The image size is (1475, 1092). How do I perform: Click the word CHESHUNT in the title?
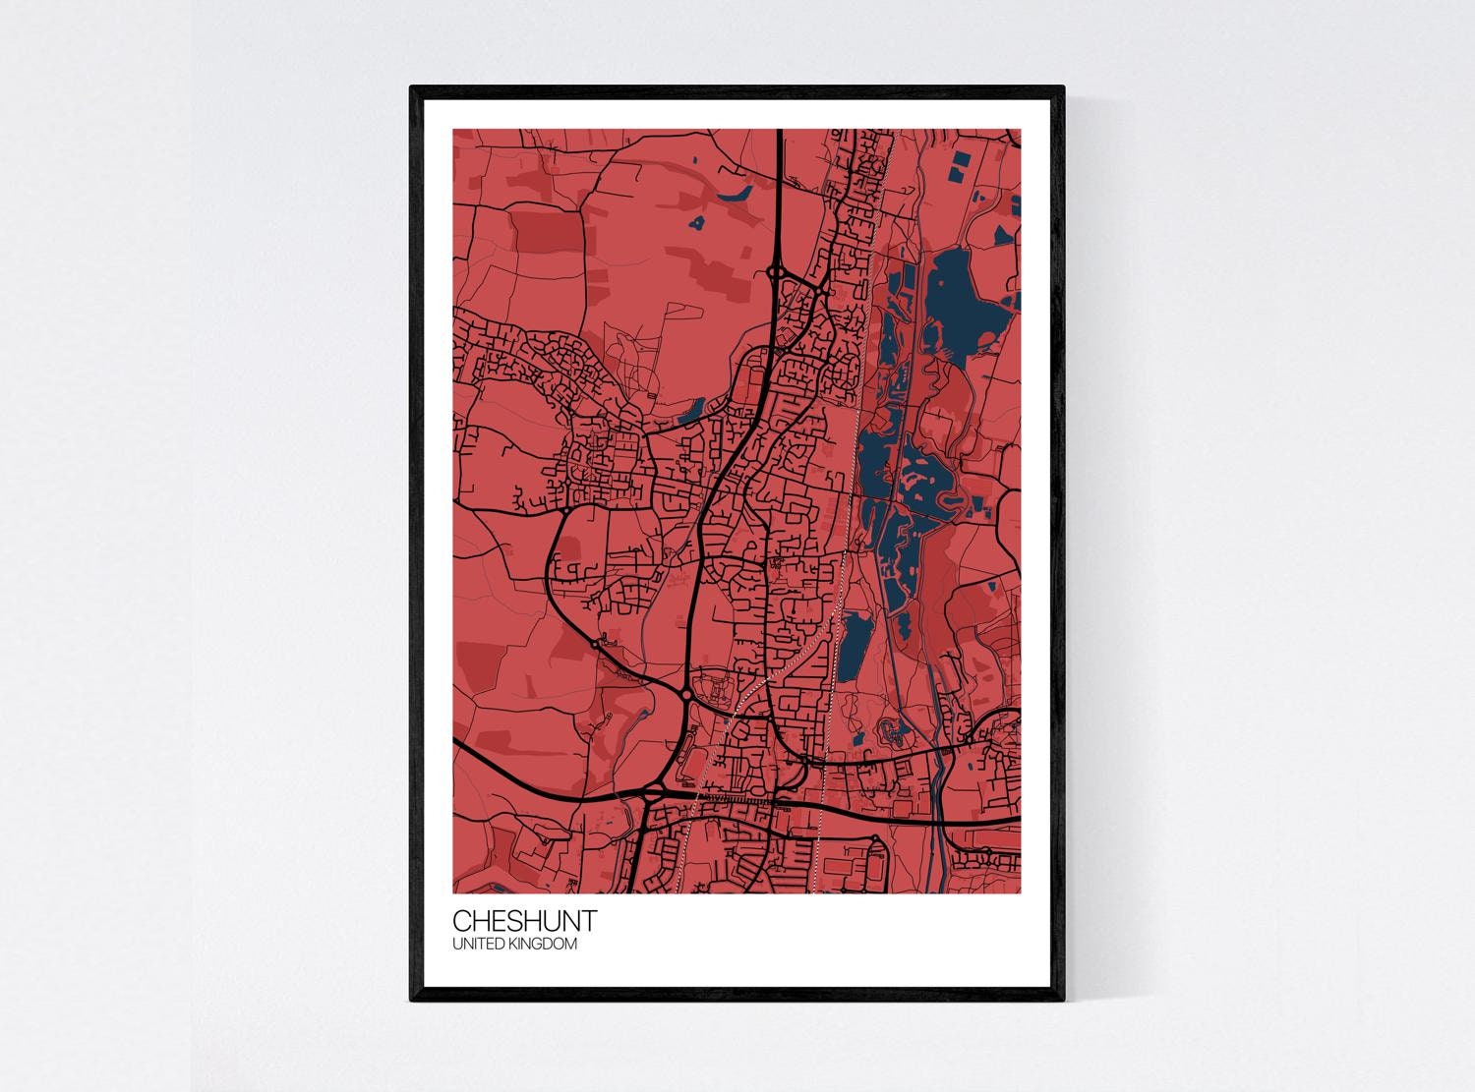click(523, 921)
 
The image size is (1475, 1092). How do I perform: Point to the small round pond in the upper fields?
click(697, 224)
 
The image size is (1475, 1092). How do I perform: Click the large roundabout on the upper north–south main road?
click(777, 272)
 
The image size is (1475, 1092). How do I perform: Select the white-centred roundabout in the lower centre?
click(684, 695)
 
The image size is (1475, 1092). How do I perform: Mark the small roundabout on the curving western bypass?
click(595, 644)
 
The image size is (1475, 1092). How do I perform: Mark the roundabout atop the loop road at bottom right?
click(874, 838)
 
